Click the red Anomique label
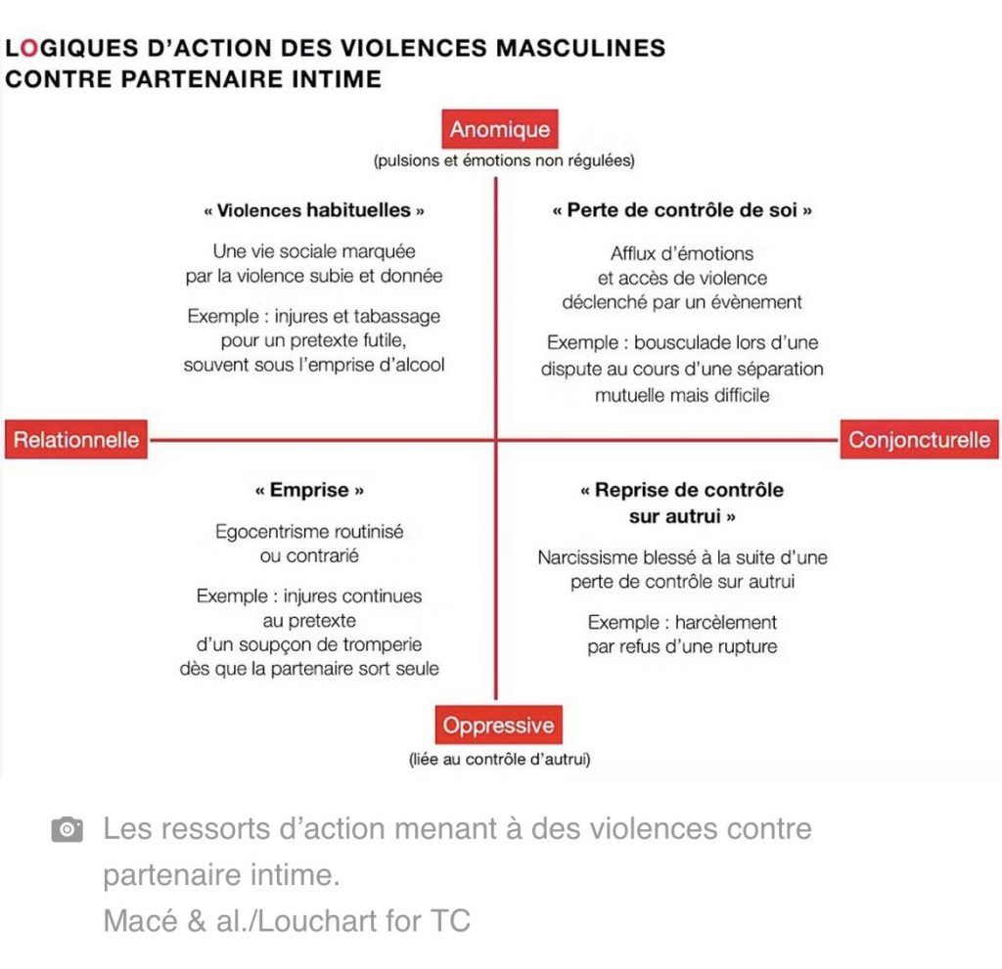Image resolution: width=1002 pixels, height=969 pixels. coord(500,129)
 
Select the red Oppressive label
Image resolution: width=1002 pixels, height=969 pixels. coord(498,725)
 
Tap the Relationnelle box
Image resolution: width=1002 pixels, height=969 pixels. coord(76,439)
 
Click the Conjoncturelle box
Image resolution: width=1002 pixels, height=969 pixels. coord(919,439)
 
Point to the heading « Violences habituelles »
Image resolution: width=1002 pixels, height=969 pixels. coord(314,210)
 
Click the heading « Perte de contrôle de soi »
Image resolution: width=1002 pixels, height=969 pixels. coord(682,210)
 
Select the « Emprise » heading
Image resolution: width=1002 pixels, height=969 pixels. coord(309,490)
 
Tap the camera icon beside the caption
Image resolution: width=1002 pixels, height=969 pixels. coord(68,829)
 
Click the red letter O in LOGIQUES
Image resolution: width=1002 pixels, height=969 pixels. coord(29,49)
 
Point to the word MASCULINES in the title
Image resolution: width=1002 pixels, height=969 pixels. coord(581,49)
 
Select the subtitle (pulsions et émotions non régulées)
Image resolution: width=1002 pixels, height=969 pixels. coord(504,160)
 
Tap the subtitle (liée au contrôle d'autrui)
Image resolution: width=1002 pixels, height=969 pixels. coord(500,759)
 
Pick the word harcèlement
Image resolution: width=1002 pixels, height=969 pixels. coord(726,622)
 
